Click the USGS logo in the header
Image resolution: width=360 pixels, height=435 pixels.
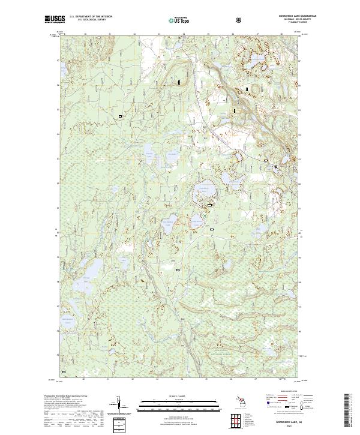click(55, 19)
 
